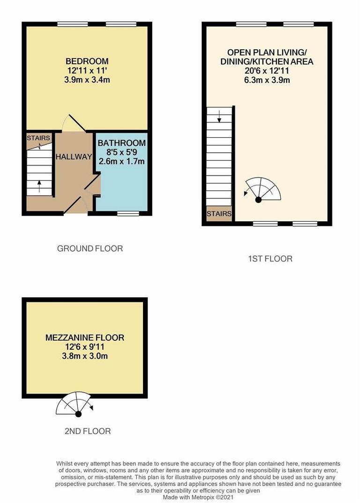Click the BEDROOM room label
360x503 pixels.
click(x=87, y=61)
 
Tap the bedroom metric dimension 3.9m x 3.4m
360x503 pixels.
click(x=87, y=80)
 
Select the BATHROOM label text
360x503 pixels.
click(x=121, y=143)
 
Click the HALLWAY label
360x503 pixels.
click(x=74, y=157)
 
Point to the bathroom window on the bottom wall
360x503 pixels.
click(x=128, y=213)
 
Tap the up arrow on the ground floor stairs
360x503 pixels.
click(x=39, y=185)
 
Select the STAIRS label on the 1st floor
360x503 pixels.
click(x=219, y=214)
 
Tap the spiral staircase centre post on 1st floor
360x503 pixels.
click(x=258, y=200)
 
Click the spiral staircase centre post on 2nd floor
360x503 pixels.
click(x=78, y=413)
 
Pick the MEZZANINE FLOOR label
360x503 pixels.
click(x=85, y=338)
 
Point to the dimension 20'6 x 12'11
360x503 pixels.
click(x=267, y=71)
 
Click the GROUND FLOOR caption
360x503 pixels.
click(x=90, y=248)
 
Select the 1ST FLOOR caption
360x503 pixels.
click(x=270, y=258)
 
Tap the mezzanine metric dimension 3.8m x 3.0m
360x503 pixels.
click(x=85, y=356)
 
